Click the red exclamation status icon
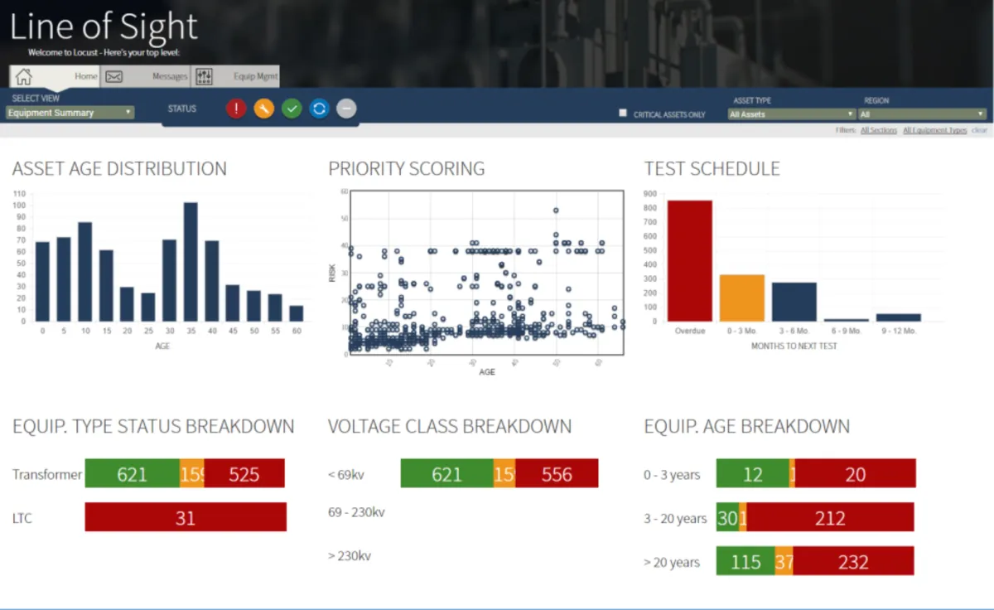tap(236, 109)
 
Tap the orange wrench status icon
tap(263, 109)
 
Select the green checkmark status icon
tap(292, 109)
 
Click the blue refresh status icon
tap(319, 109)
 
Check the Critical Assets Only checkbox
tap(623, 113)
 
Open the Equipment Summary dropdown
tap(70, 113)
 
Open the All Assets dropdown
tap(791, 114)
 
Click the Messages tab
tap(146, 76)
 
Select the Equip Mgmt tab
tap(236, 76)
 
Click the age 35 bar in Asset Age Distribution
tap(191, 262)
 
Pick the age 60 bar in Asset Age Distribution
tap(297, 313)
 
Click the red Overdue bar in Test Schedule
tap(689, 260)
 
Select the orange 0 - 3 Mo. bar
tap(742, 298)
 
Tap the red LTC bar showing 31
tap(186, 517)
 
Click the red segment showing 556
tap(557, 473)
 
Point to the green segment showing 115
tap(745, 561)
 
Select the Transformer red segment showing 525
tap(244, 473)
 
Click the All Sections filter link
tap(878, 130)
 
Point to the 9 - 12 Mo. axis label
tap(898, 331)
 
